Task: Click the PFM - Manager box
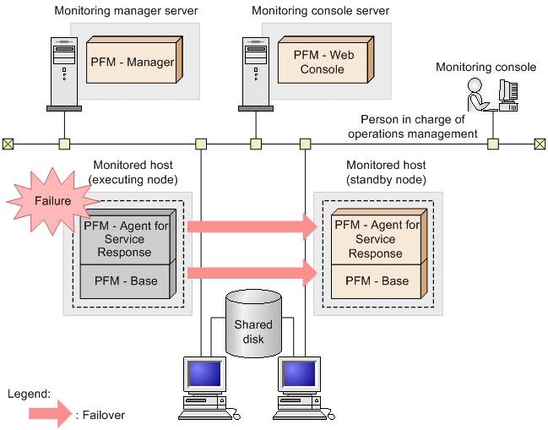click(131, 63)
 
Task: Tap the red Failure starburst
click(52, 202)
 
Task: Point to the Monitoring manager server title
click(126, 11)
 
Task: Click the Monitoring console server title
click(320, 11)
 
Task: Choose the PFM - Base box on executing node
click(126, 281)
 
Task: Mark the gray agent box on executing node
click(126, 239)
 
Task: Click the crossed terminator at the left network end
click(8, 144)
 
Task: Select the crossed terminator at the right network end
click(540, 144)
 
